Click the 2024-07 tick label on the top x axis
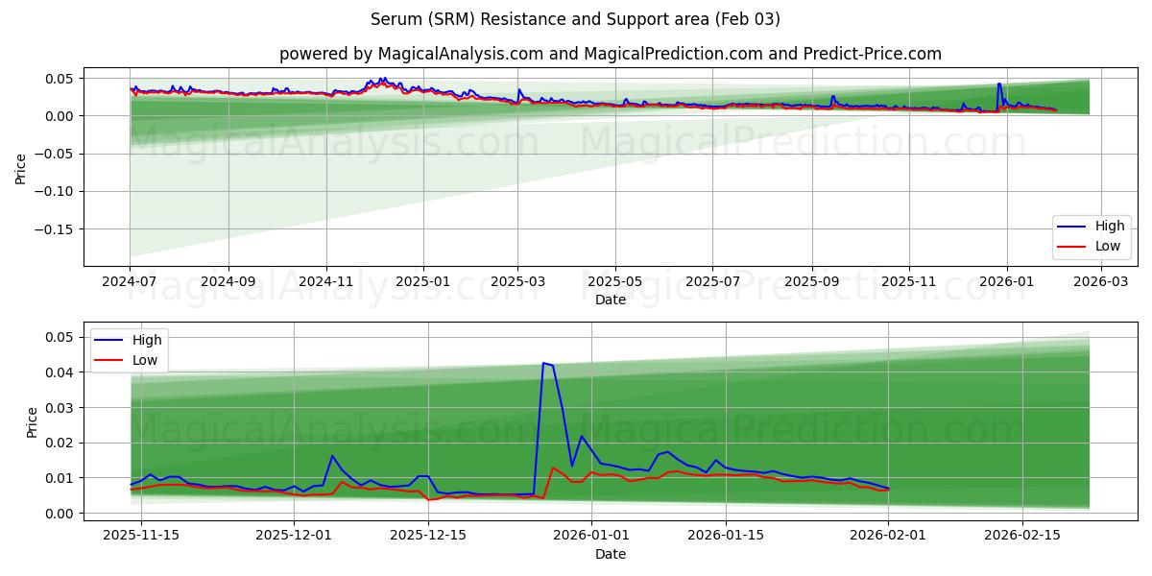click(x=130, y=281)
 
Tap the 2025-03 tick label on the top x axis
click(x=517, y=281)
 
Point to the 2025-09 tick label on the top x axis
click(x=811, y=281)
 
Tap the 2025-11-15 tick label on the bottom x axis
click(x=140, y=535)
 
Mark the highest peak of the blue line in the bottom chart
click(x=543, y=363)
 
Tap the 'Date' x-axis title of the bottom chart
click(x=610, y=554)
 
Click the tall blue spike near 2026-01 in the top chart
click(x=998, y=84)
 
